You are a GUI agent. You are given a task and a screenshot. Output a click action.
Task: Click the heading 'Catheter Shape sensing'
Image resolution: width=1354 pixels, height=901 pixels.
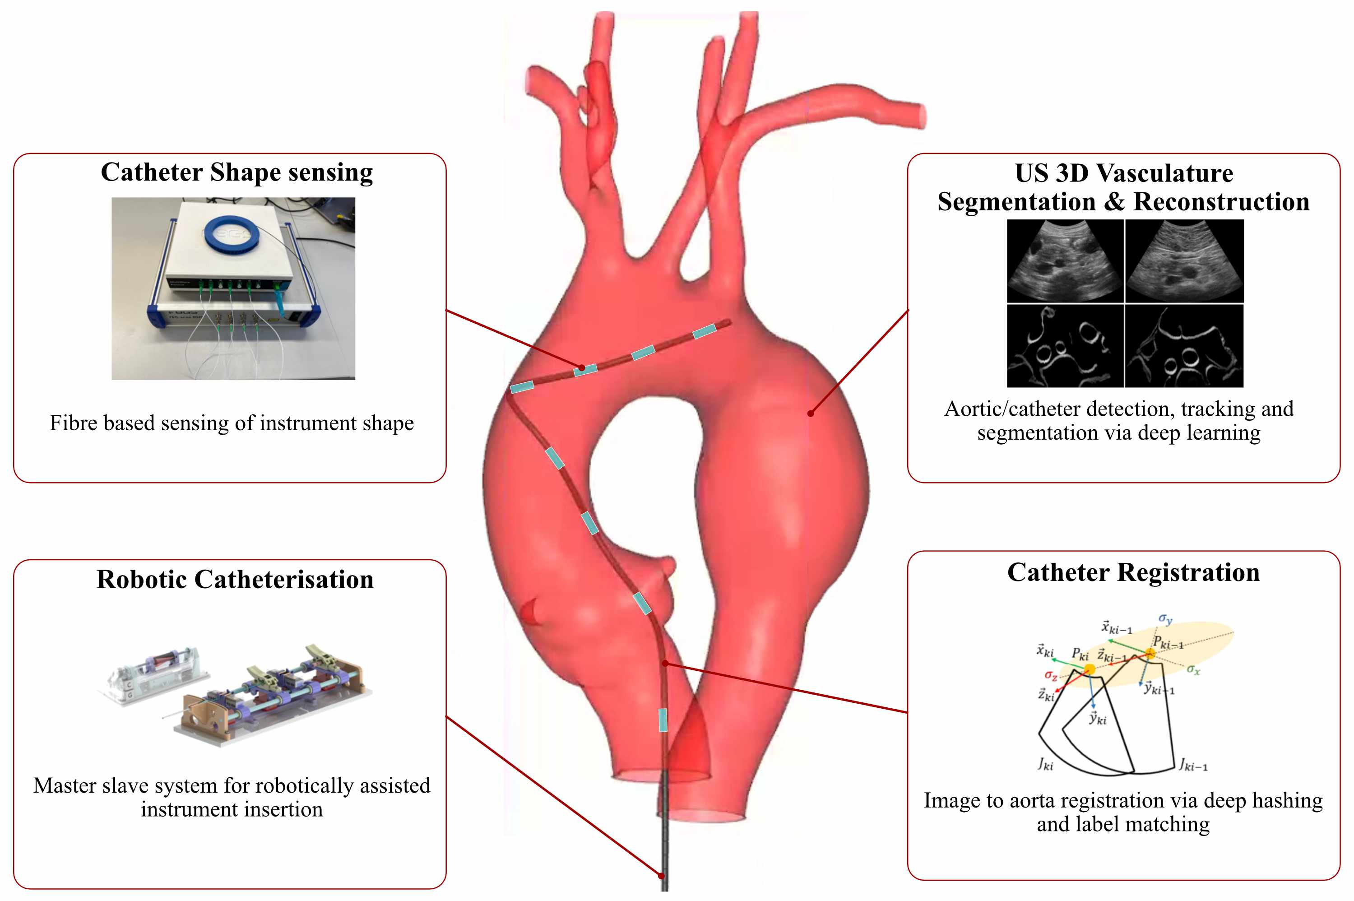coord(236,172)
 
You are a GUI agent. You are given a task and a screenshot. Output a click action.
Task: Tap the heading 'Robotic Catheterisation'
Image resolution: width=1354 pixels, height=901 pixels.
coord(235,579)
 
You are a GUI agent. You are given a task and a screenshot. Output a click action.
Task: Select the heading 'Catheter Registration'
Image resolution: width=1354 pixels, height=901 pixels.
coord(1133,573)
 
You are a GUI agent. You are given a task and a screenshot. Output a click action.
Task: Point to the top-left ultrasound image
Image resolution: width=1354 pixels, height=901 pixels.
coord(1065,261)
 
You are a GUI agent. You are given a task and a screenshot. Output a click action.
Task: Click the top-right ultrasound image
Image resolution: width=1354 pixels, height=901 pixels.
coord(1184,261)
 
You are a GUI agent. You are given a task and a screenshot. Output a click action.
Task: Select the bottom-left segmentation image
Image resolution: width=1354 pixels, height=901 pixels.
coord(1065,346)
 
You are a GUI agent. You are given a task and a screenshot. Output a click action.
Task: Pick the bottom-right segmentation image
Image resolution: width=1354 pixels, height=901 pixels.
coord(1184,346)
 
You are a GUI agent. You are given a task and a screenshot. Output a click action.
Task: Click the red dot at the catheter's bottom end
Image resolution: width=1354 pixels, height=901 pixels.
coord(662,876)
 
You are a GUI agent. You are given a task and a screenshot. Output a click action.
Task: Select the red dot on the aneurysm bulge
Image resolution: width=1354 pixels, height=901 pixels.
coord(811,413)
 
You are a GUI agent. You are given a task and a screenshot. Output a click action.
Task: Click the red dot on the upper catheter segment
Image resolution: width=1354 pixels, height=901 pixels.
coord(582,367)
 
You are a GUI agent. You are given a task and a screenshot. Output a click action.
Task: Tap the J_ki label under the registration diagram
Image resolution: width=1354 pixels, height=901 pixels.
coord(1046,764)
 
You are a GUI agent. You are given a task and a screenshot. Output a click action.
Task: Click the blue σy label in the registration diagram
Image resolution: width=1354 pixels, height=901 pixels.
coord(1165,619)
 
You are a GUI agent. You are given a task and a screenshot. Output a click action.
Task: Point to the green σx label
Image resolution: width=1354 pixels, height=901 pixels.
coord(1193,669)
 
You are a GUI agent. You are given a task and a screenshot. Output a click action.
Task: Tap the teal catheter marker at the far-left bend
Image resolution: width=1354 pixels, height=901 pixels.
coord(522,387)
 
